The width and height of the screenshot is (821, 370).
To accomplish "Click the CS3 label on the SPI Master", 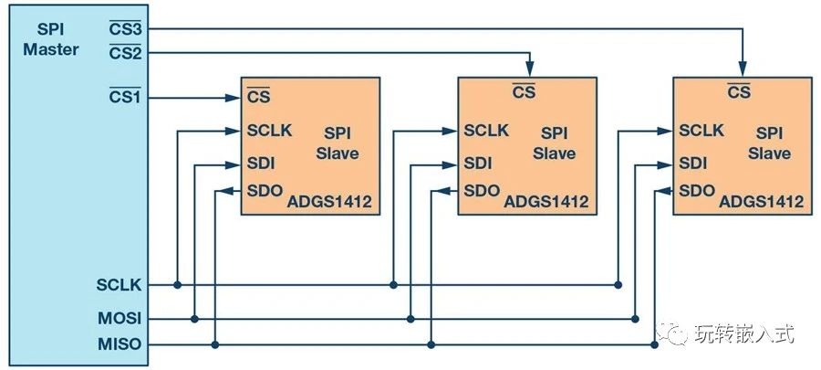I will pos(126,28).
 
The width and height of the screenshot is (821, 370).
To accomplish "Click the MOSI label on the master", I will pos(120,318).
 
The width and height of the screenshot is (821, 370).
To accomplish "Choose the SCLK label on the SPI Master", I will pos(120,285).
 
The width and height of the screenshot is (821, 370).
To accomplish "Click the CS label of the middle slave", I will pos(524,91).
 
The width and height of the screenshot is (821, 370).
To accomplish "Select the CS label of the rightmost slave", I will pos(739,91).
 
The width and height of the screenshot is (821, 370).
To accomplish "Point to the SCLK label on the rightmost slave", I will pos(701,131).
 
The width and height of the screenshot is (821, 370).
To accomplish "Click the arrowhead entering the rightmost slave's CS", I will pos(743,70).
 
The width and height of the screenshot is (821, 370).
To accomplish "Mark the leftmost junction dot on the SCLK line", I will pos(177,285).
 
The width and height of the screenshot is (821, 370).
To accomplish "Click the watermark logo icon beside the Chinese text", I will pos(678,335).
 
